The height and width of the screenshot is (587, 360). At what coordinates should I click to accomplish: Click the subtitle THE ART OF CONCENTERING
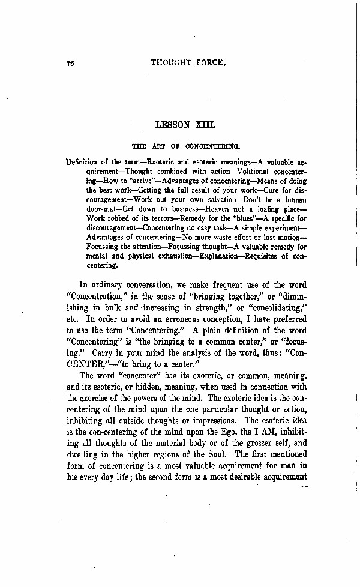[x=186, y=145]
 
